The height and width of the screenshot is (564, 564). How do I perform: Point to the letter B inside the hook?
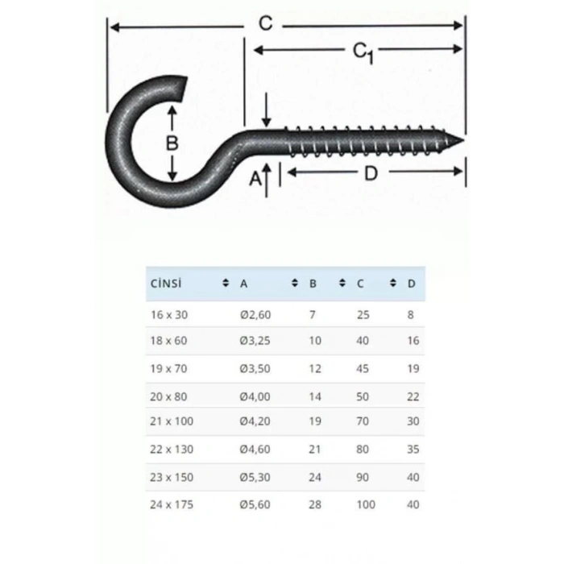tap(171, 144)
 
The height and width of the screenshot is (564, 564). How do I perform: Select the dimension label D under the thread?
tap(371, 172)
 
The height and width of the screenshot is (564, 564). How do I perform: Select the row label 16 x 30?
tap(168, 314)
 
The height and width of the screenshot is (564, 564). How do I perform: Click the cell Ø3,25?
tap(255, 341)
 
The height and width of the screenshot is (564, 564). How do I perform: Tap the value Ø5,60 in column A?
tap(255, 504)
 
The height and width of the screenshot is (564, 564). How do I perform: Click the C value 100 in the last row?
tap(366, 504)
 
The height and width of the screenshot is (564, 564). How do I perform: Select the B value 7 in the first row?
tap(312, 314)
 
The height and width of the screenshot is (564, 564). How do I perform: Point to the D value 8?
tap(411, 314)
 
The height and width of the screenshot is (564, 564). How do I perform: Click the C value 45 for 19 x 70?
tap(363, 369)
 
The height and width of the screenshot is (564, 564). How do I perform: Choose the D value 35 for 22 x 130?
tap(413, 450)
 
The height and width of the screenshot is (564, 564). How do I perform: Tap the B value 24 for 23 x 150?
tap(315, 477)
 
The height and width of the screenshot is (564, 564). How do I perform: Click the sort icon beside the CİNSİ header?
tap(226, 284)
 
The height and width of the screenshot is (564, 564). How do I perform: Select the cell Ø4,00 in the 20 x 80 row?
tap(255, 396)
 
